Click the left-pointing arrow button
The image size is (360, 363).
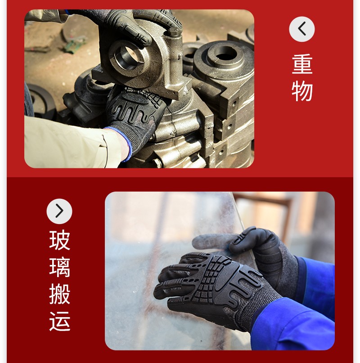click(301, 29)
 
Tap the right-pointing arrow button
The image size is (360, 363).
click(59, 211)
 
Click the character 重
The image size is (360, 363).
click(302, 64)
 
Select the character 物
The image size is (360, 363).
click(302, 91)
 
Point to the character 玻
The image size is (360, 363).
click(59, 240)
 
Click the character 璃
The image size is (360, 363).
click(59, 267)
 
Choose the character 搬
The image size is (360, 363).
click(59, 294)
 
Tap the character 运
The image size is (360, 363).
click(59, 321)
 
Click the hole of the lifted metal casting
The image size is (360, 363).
click(127, 57)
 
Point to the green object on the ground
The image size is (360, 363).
click(74, 45)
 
